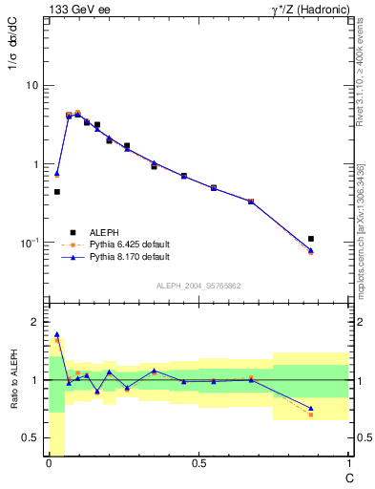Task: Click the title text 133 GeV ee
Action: tap(77, 9)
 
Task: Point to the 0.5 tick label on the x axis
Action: tap(198, 463)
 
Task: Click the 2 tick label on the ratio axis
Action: tap(35, 322)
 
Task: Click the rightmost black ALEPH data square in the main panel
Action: tap(311, 239)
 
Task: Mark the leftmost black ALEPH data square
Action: tap(57, 192)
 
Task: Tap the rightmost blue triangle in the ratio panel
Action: tap(311, 408)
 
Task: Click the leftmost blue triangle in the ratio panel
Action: tap(57, 334)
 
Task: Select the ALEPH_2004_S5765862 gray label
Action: tap(198, 286)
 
